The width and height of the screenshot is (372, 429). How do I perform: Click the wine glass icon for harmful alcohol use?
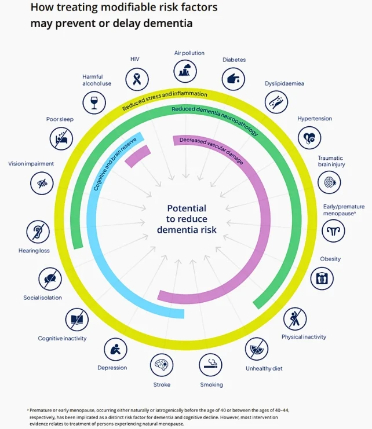click(94, 103)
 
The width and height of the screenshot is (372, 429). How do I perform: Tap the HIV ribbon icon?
click(137, 79)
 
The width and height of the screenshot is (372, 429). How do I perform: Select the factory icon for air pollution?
click(185, 71)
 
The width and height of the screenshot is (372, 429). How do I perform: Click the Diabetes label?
click(234, 60)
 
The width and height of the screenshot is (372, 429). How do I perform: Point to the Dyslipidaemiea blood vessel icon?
click(276, 102)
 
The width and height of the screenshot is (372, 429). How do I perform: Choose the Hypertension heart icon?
click(309, 138)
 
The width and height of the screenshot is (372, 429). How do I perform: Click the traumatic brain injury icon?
click(329, 182)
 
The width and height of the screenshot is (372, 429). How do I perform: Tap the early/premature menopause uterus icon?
click(333, 231)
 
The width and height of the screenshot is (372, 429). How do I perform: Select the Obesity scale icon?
click(322, 278)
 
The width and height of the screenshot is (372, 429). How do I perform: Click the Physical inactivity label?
click(304, 337)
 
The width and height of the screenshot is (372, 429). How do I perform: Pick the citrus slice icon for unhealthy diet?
click(257, 349)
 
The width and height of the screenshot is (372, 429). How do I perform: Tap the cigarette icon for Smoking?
click(210, 365)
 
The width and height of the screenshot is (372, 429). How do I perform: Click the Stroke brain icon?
click(162, 365)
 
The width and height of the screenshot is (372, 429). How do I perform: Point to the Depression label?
click(112, 368)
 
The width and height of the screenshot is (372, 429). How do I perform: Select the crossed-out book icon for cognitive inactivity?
click(77, 319)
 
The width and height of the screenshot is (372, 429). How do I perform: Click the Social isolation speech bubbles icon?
click(50, 279)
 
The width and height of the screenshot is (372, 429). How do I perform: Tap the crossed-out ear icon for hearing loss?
click(38, 232)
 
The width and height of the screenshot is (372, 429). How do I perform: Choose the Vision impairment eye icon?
click(42, 184)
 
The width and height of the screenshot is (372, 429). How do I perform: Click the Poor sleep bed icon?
click(61, 138)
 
